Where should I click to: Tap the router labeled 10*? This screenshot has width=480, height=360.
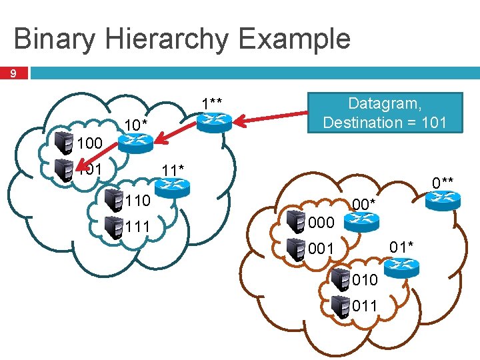pyautogui.click(x=136, y=141)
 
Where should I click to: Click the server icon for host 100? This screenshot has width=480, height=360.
pyautogui.click(x=65, y=143)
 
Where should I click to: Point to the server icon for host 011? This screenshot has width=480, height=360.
pyautogui.click(x=341, y=306)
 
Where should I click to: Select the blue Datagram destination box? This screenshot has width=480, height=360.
pyautogui.click(x=385, y=113)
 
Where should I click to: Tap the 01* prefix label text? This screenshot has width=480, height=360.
pyautogui.click(x=402, y=247)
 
